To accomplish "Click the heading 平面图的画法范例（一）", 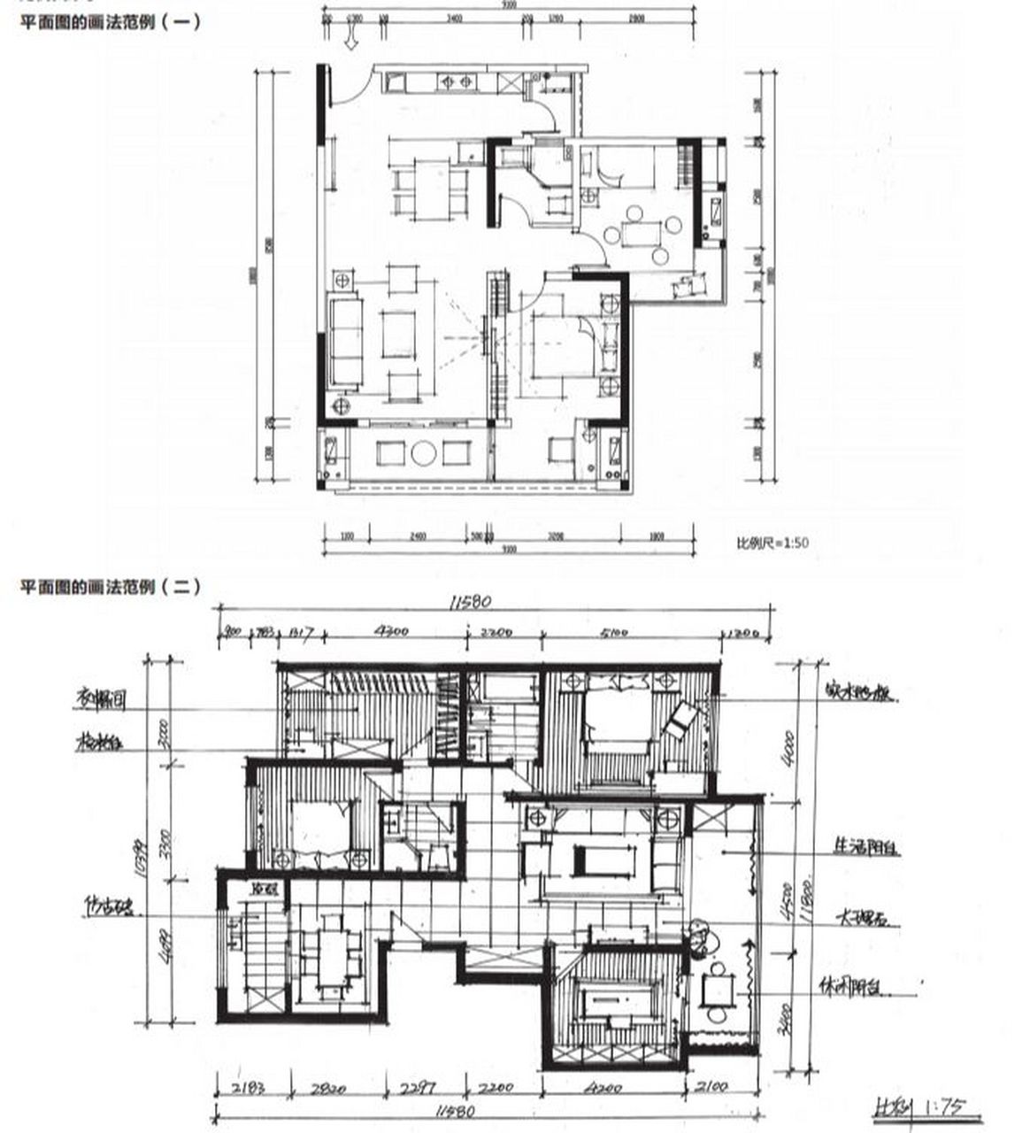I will [x=111, y=21].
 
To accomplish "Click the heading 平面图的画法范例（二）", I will [x=111, y=587].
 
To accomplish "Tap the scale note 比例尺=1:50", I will [x=772, y=543].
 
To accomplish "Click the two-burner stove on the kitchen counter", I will [x=456, y=83].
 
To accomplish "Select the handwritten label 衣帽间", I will [x=99, y=700].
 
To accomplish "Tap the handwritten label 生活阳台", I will [x=866, y=848].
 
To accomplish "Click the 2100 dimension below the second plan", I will [x=712, y=1088].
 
